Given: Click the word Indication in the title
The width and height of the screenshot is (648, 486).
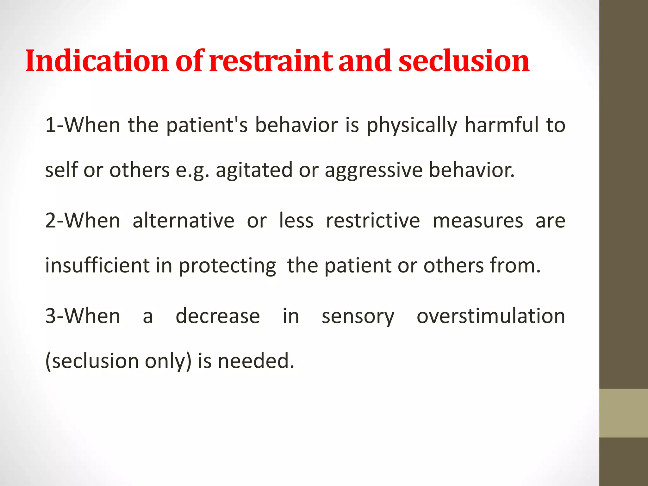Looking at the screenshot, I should point(97,61).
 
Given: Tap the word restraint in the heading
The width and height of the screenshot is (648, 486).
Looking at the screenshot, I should point(271,61).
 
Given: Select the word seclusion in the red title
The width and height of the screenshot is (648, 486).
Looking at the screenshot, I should point(464,61).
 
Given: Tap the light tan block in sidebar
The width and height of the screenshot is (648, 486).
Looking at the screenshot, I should point(623,413).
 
